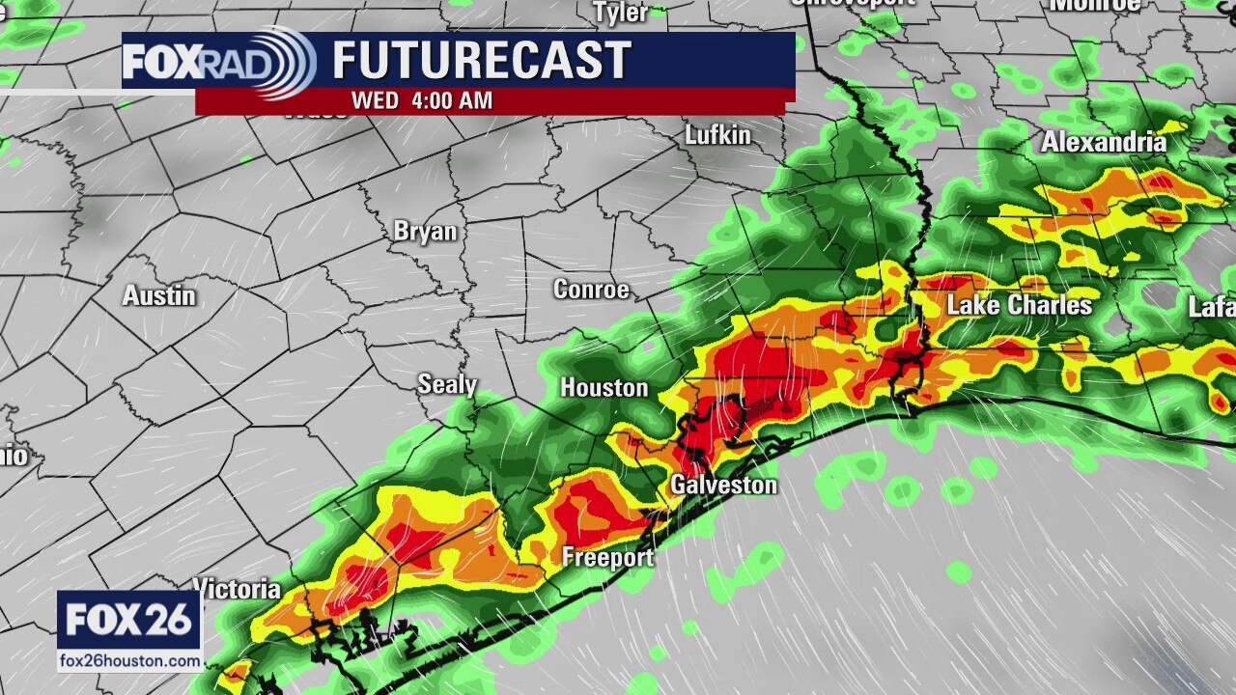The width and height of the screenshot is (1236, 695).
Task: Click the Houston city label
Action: (604, 388)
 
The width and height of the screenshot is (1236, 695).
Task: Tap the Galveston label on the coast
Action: (723, 485)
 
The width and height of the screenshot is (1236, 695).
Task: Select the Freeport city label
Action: (607, 558)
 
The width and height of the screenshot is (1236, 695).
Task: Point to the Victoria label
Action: (238, 589)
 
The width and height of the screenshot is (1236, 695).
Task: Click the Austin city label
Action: (159, 295)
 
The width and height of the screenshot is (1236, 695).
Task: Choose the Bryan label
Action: (425, 232)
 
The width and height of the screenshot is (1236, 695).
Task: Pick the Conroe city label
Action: (591, 290)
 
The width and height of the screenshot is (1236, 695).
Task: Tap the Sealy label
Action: (447, 384)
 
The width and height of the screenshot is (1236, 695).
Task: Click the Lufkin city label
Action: (717, 135)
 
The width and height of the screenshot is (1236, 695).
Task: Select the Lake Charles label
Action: (1019, 306)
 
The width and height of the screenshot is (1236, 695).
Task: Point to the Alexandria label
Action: (1103, 143)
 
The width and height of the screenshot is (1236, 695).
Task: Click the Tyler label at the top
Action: (620, 12)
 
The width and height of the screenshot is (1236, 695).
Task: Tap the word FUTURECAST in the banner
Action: (482, 61)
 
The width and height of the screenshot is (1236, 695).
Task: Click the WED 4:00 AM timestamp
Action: (422, 100)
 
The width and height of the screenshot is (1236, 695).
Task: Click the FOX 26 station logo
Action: (129, 621)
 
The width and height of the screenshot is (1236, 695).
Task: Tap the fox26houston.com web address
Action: (129, 661)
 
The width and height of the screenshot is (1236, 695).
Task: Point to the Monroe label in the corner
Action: (1094, 5)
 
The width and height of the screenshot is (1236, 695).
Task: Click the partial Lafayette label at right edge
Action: (1212, 307)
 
